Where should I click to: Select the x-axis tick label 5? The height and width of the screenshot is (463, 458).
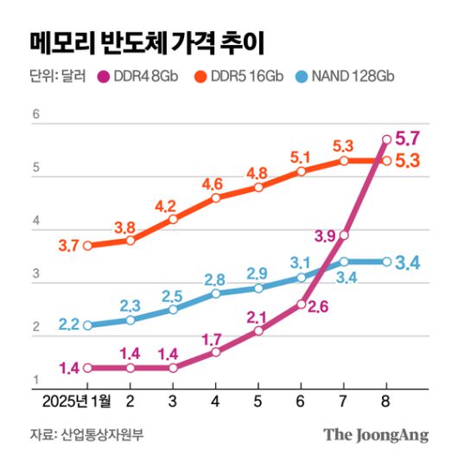coord(258,402)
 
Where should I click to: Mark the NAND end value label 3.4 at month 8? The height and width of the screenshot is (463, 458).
coord(407,262)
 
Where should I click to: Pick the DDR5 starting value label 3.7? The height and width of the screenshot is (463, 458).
coord(69,246)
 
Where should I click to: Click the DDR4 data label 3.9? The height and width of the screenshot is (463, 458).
coord(324,235)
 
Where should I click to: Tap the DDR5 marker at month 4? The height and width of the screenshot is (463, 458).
coord(216,197)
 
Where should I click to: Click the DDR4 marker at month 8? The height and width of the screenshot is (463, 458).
coord(386,138)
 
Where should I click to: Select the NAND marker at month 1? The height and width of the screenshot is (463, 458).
coord(87,325)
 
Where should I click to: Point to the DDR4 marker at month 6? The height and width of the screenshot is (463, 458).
coord(301,304)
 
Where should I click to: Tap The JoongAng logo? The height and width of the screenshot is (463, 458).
coord(376,434)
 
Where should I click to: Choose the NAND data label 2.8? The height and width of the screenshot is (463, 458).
coord(216,279)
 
